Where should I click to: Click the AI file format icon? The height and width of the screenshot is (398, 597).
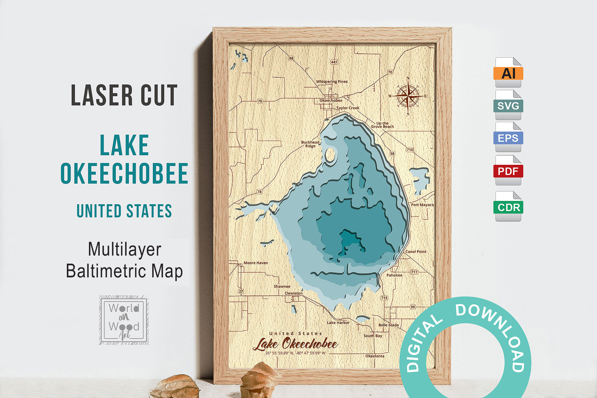508,72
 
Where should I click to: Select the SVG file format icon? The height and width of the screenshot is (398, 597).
508,105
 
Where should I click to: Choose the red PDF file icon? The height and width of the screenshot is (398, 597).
508,170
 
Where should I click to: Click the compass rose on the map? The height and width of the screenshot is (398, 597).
408,96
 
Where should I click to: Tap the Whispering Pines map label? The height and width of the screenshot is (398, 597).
332,82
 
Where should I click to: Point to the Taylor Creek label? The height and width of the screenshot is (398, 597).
348,108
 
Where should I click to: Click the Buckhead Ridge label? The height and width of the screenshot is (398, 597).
310,144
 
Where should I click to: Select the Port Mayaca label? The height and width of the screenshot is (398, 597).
422,205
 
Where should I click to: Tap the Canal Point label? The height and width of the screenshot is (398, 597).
416,252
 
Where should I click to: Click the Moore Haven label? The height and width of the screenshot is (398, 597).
256,263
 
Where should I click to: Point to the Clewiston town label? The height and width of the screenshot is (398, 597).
293,293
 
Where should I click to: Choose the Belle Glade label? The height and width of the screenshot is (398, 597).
388,325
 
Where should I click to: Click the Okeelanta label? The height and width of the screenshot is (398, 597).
375,356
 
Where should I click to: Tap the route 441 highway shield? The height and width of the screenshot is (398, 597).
334,62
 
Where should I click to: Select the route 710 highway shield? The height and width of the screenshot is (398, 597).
410,150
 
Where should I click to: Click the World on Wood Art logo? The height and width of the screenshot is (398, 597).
124,320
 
